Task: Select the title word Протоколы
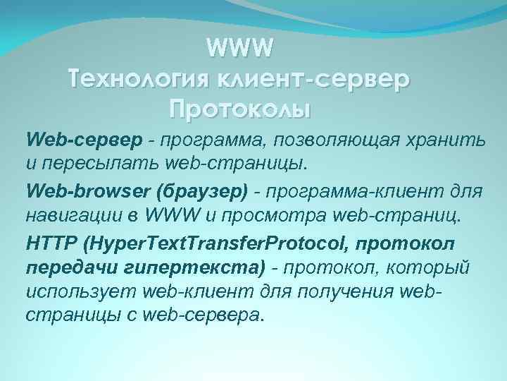pos(239,109)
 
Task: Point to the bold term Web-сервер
pos(67,139)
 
